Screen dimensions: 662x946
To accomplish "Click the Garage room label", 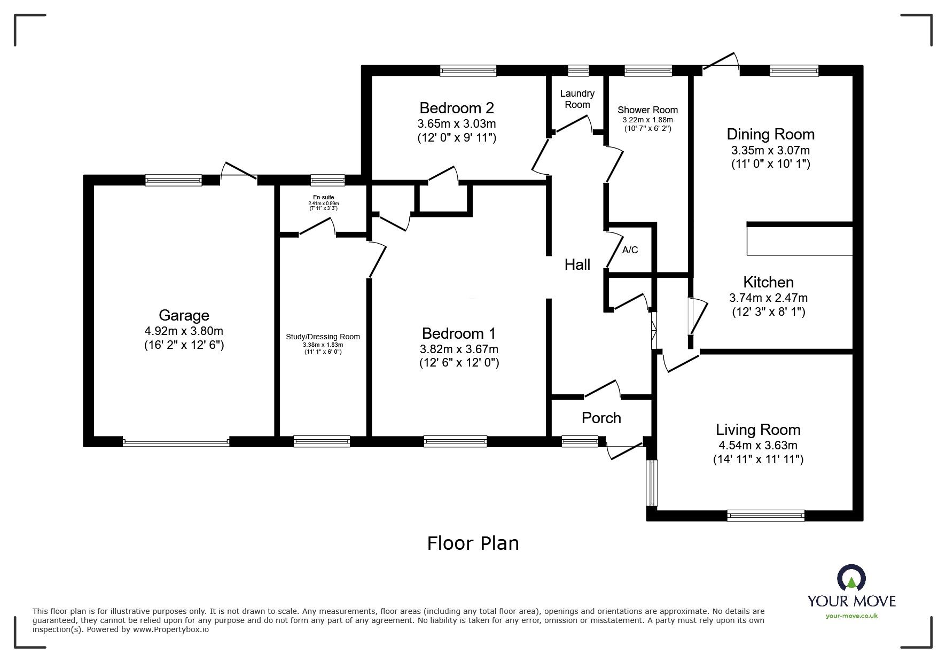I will pos(184,315).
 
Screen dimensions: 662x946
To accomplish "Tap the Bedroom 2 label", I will pos(457,108).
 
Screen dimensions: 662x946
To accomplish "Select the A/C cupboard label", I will pos(630,250).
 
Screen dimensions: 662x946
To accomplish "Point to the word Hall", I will pos(577,264).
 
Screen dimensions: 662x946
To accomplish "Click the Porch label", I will pos(601,418).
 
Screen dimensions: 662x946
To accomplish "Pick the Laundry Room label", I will pos(577,99).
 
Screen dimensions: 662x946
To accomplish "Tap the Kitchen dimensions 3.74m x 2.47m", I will pos(768,298).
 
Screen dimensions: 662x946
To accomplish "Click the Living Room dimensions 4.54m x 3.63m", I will pos(758,445).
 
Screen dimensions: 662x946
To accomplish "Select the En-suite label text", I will pos(324,198).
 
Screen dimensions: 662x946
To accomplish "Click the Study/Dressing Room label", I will pos(323,337).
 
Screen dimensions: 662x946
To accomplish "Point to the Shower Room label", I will pos(647,110).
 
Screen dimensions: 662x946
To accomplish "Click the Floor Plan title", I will pos(473,543).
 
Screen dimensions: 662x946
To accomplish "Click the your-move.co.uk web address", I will pos(851,616).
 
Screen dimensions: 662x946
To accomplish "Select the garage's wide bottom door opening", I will pos(176,442).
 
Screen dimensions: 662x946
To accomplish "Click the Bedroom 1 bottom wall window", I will pos(455,441).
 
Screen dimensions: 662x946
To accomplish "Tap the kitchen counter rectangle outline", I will pos(799,241).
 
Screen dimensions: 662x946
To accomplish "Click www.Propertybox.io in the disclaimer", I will pos(171,629).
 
